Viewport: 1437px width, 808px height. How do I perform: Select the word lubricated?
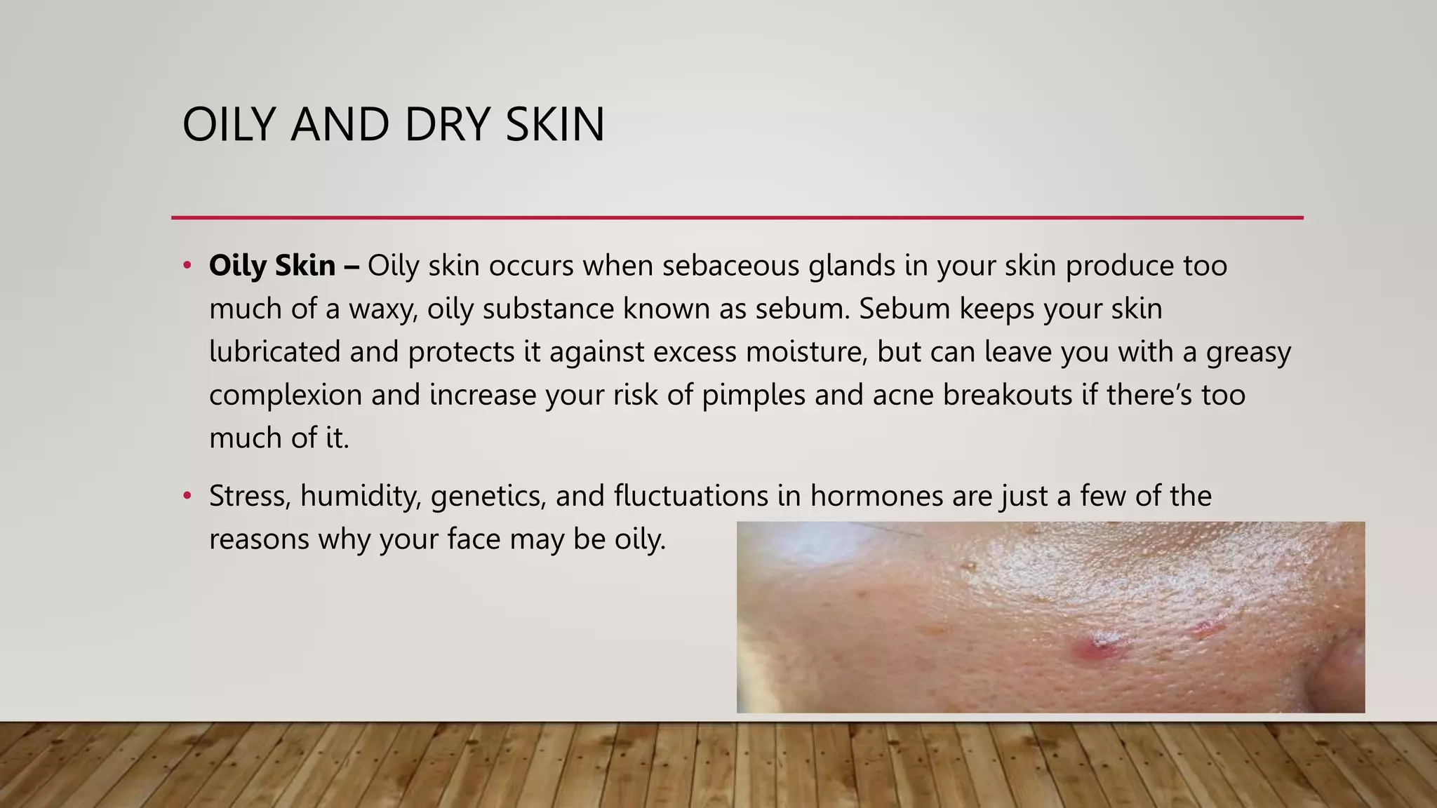pyautogui.click(x=274, y=351)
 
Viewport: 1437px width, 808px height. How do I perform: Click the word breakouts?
pyautogui.click(x=1007, y=395)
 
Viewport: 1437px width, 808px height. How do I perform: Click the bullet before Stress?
pyautogui.click(x=187, y=497)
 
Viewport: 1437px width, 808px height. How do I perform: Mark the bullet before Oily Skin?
pyautogui.click(x=187, y=266)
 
